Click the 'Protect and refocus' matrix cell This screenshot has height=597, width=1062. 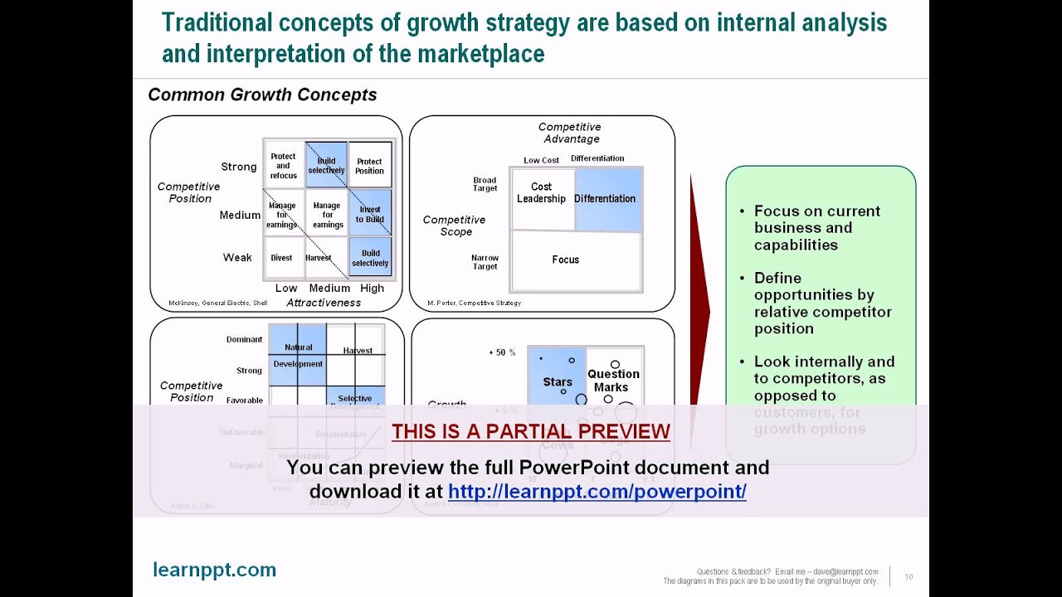click(x=284, y=165)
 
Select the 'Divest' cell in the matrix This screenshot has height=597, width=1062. click(x=282, y=258)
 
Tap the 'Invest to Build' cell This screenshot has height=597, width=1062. click(x=370, y=214)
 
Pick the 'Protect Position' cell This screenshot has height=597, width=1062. click(x=370, y=166)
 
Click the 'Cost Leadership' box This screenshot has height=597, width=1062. click(x=542, y=193)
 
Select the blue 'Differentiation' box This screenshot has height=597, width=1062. click(x=606, y=199)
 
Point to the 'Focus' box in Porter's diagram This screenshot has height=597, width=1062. click(x=566, y=260)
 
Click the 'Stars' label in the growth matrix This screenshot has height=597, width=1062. click(x=558, y=382)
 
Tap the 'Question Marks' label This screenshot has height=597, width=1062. click(x=613, y=381)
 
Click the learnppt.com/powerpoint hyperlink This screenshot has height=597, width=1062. click(x=597, y=491)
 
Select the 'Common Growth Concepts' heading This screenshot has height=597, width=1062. click(x=262, y=95)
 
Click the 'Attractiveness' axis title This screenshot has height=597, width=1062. click(x=324, y=303)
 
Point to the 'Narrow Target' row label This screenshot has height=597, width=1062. click(x=485, y=262)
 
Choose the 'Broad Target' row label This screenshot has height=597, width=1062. click(x=485, y=184)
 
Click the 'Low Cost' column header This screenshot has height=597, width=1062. click(x=541, y=160)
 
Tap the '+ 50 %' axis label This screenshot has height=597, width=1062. click(x=502, y=352)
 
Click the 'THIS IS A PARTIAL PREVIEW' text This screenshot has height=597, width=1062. click(x=531, y=432)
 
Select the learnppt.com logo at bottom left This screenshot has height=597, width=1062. click(x=215, y=570)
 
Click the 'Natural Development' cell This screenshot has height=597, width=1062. click(x=298, y=356)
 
